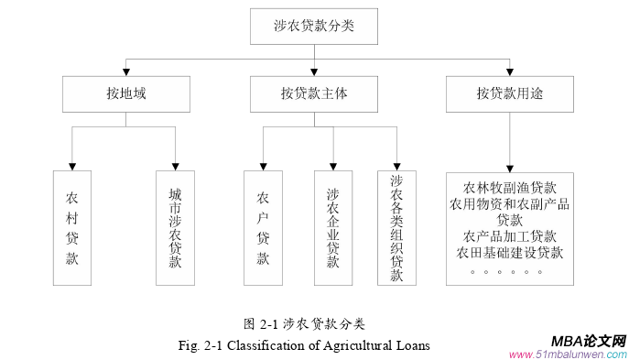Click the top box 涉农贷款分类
[314, 27]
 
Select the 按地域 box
[126, 93]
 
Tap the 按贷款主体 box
[314, 93]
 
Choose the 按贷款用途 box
[511, 93]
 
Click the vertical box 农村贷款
[72, 227]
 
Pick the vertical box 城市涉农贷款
[175, 227]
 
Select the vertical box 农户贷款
[263, 227]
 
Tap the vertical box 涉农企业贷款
[332, 227]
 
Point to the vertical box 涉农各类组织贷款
[396, 227]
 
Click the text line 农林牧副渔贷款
[510, 188]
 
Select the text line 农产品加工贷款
[510, 236]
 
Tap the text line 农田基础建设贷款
[510, 253]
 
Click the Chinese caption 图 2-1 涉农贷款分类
[305, 323]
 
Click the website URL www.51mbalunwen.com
[568, 355]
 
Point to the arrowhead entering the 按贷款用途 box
[511, 73]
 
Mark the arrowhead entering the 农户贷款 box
[263, 166]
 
